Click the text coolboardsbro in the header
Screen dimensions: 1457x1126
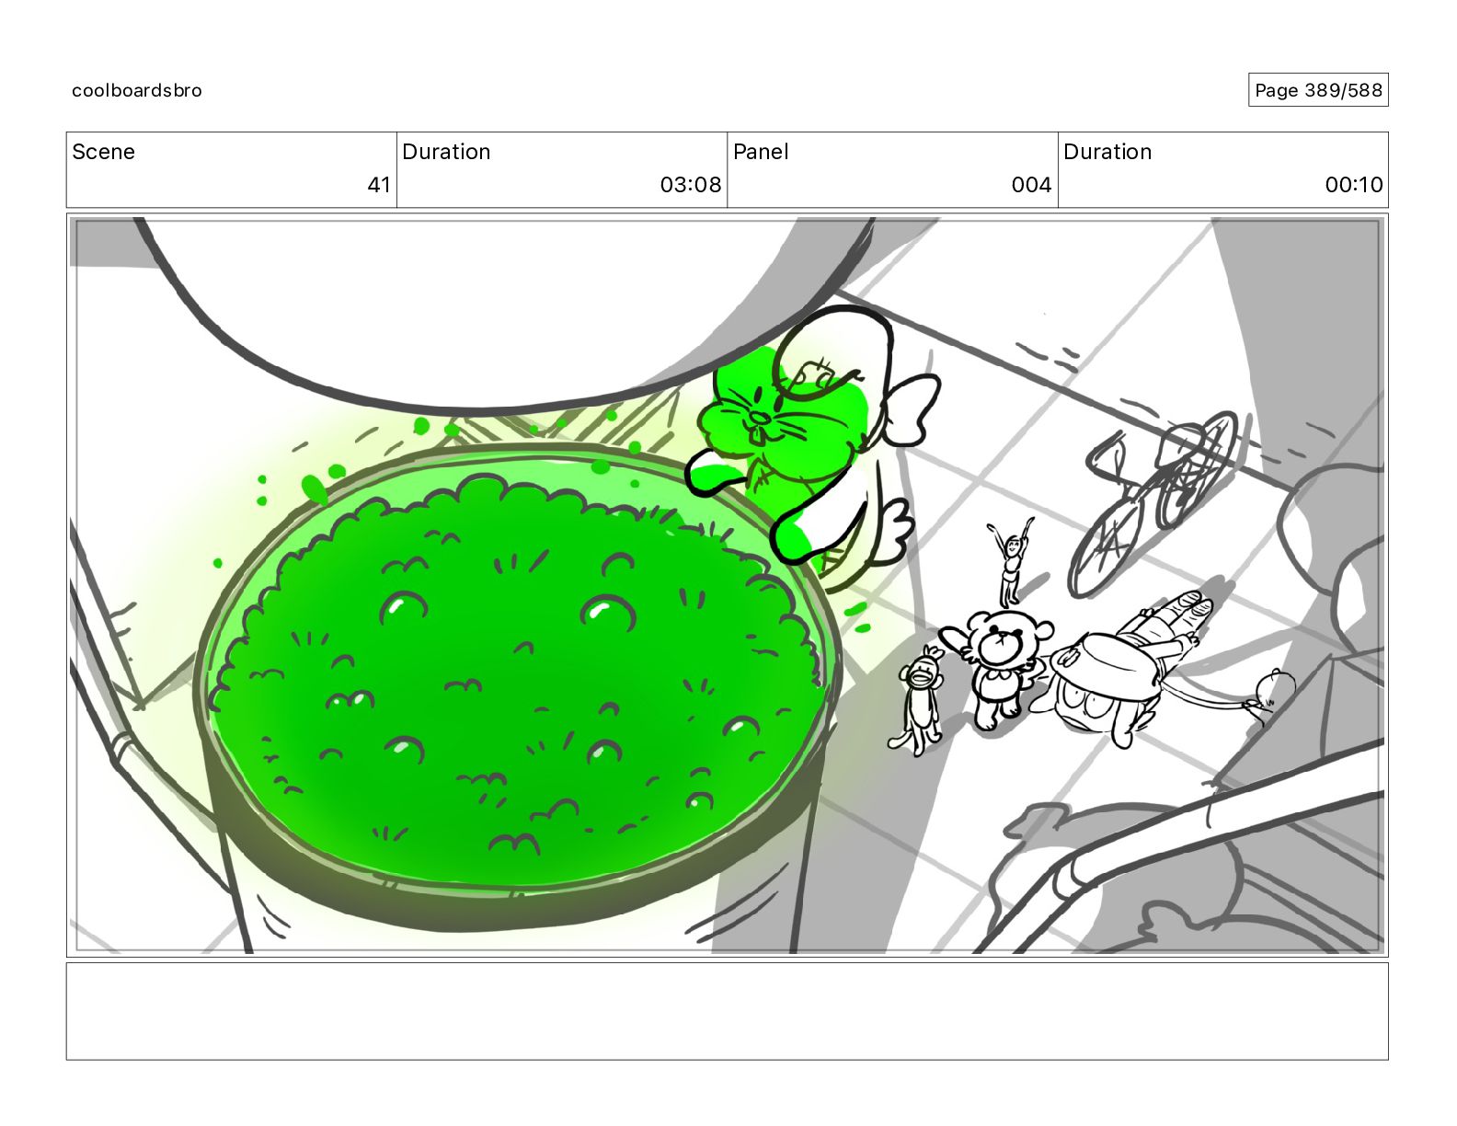(137, 90)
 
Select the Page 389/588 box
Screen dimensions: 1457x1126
(1317, 90)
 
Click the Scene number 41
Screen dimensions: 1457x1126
(379, 184)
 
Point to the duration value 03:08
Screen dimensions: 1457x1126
(690, 184)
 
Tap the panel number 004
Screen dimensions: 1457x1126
(1031, 184)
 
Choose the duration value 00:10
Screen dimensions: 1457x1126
(1353, 184)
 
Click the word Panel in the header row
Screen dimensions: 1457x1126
(761, 152)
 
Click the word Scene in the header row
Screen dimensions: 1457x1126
(103, 152)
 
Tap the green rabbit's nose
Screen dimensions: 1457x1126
(760, 418)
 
